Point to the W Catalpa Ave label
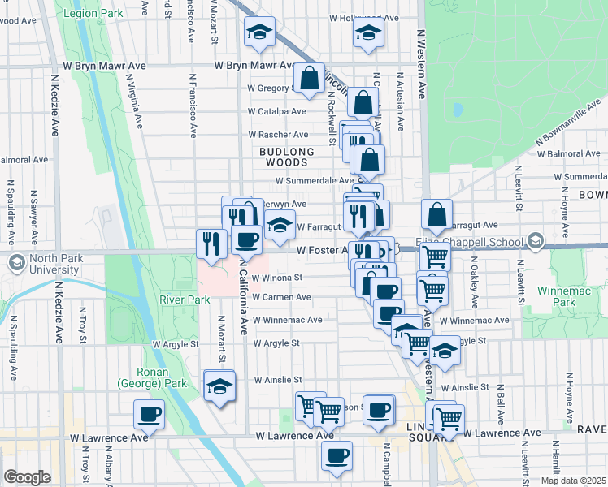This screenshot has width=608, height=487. pos(276,111)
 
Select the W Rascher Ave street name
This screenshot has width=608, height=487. pos(278,134)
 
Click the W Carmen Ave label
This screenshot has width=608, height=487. pos(281,297)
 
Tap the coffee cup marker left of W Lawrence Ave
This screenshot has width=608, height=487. pos(150,415)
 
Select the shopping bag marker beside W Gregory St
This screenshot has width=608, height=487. pos(309,80)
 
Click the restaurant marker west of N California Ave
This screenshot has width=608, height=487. pos(211,243)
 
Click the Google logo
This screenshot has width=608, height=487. pos(27,477)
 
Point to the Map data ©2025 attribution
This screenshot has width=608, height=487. pos(573,481)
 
